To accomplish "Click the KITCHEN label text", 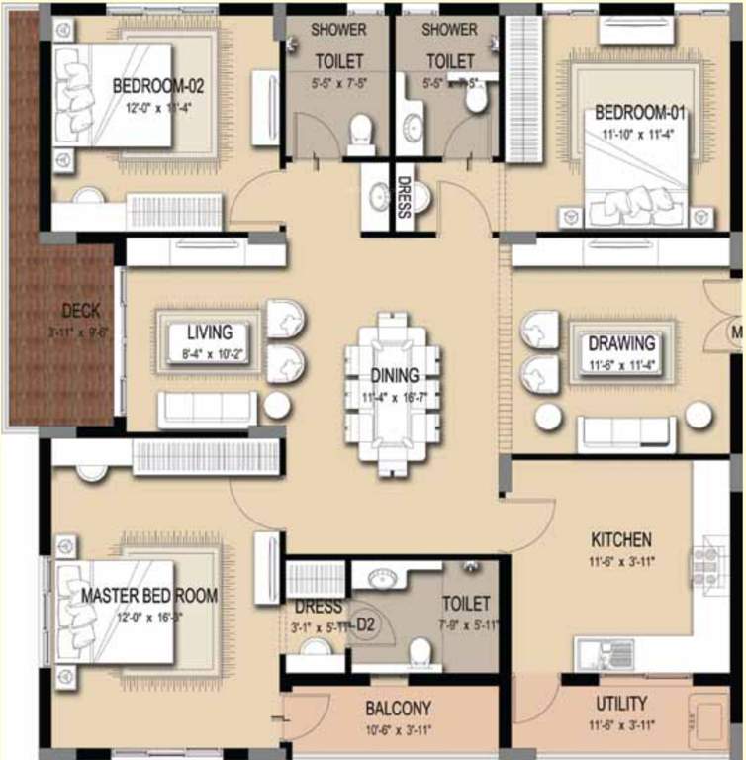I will click(x=621, y=540).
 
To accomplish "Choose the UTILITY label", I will click(x=621, y=704).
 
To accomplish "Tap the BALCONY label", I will click(x=398, y=709).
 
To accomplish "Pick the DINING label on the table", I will click(x=395, y=376).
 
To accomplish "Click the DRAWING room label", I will click(x=621, y=344).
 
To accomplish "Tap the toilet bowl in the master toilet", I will click(x=420, y=651).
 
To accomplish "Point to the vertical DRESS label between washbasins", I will click(x=403, y=196).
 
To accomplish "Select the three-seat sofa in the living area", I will click(x=208, y=409).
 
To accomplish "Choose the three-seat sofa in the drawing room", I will click(x=627, y=433).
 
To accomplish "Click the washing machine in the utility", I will click(x=708, y=718).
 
